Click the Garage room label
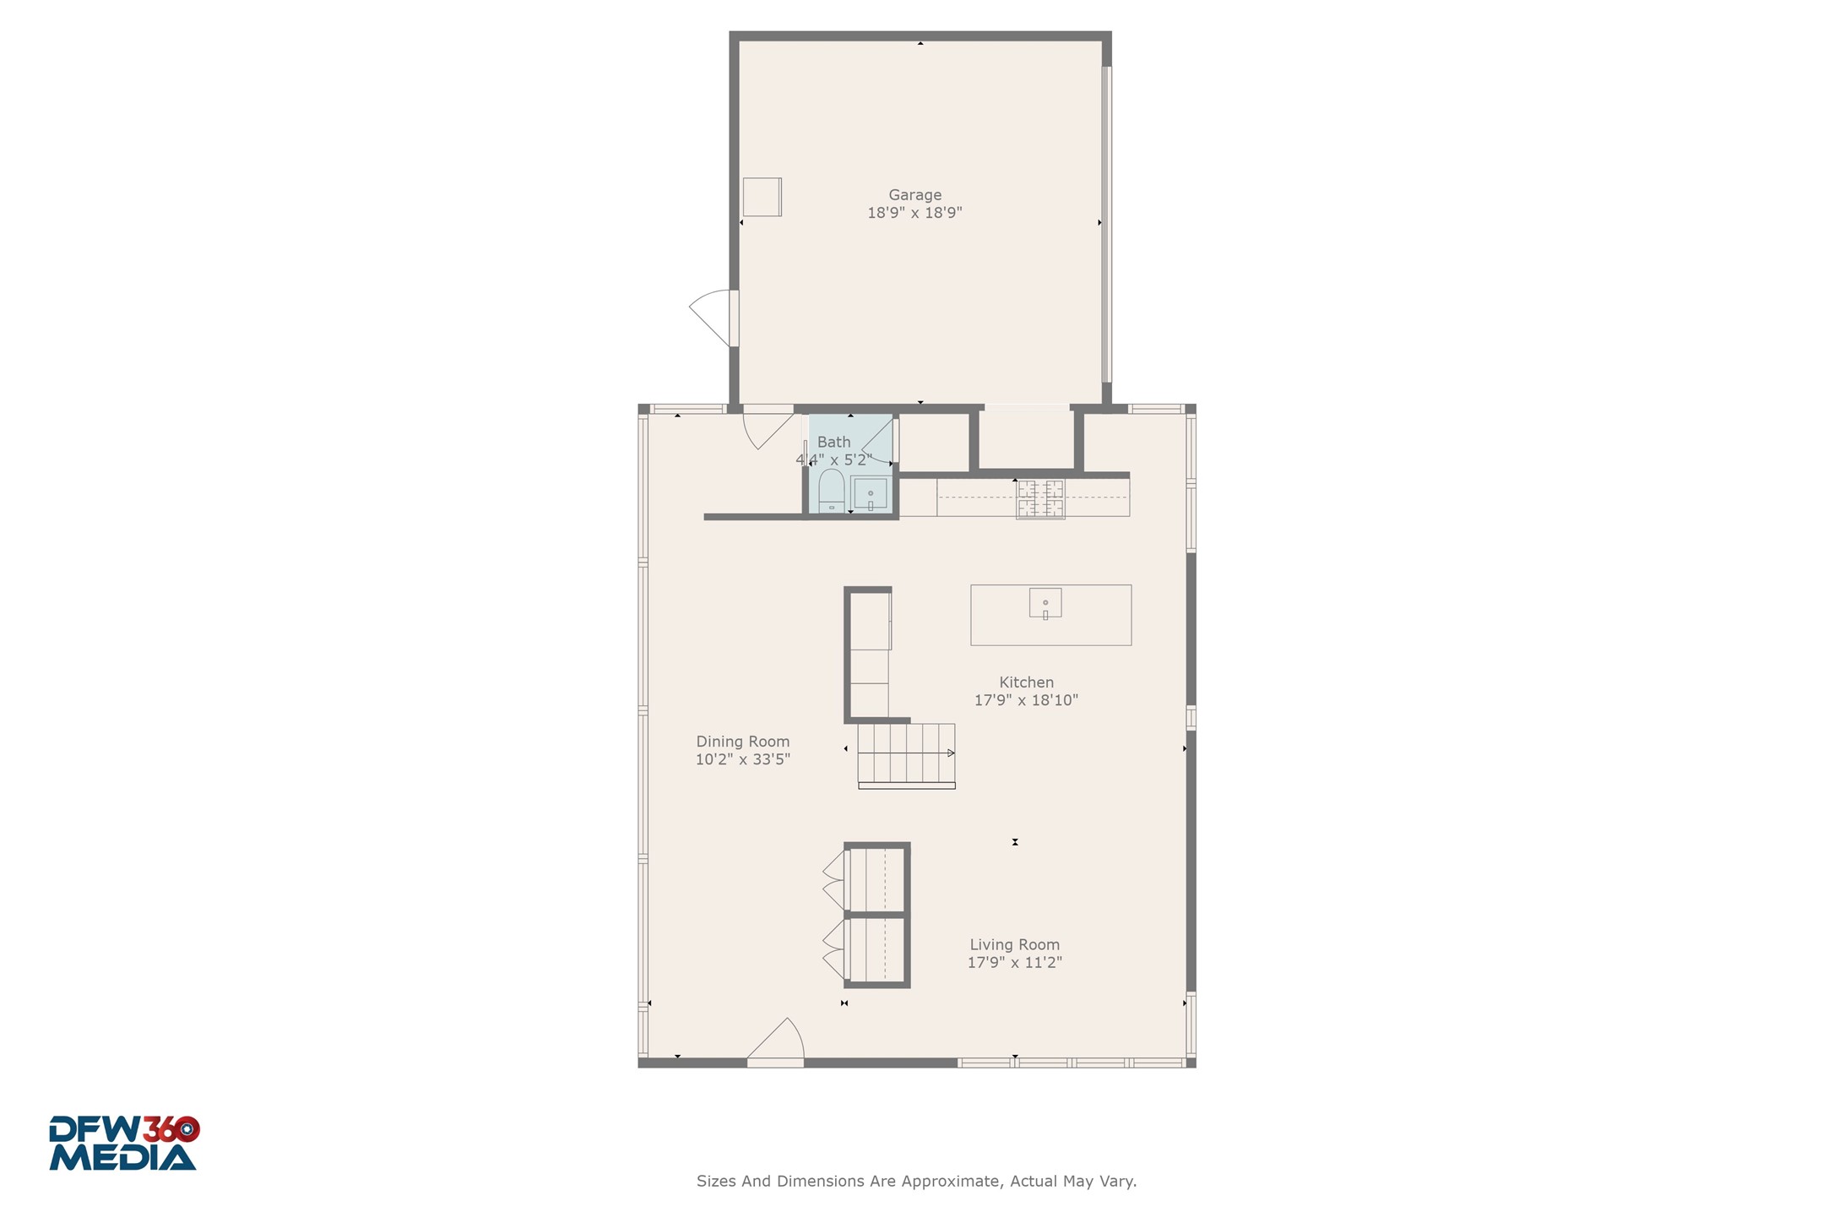914,195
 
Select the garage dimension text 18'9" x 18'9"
914,213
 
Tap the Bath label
833,442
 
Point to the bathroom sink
870,493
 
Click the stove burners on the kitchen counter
1040,498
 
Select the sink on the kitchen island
1045,603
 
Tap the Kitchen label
1026,682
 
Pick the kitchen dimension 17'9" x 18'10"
1026,700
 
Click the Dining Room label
742,742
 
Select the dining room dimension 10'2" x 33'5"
742,759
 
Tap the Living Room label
1014,945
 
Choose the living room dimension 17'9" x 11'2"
1014,963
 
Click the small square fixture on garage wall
762,197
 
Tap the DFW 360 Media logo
123,1144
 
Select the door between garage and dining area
767,427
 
